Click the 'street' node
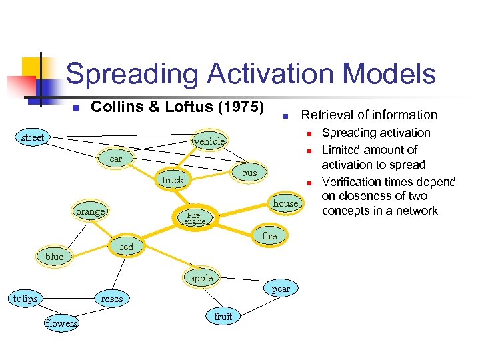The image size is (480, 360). [x=33, y=138]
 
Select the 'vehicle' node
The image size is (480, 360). [x=209, y=141]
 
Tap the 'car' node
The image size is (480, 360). [x=116, y=159]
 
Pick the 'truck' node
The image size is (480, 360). [x=173, y=180]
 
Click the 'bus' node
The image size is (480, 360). [x=249, y=173]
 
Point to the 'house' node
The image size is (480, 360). [x=285, y=203]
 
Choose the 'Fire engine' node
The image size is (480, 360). [x=195, y=218]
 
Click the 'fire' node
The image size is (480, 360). [x=269, y=236]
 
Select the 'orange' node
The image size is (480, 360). [x=91, y=211]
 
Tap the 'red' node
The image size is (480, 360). [x=127, y=247]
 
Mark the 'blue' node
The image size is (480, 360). [x=55, y=257]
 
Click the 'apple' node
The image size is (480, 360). [x=201, y=279]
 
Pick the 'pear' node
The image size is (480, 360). [x=281, y=289]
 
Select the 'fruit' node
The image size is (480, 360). [x=223, y=317]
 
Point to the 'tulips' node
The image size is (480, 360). [x=25, y=299]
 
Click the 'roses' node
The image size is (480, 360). [x=112, y=299]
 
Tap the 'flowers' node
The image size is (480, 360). [x=61, y=323]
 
